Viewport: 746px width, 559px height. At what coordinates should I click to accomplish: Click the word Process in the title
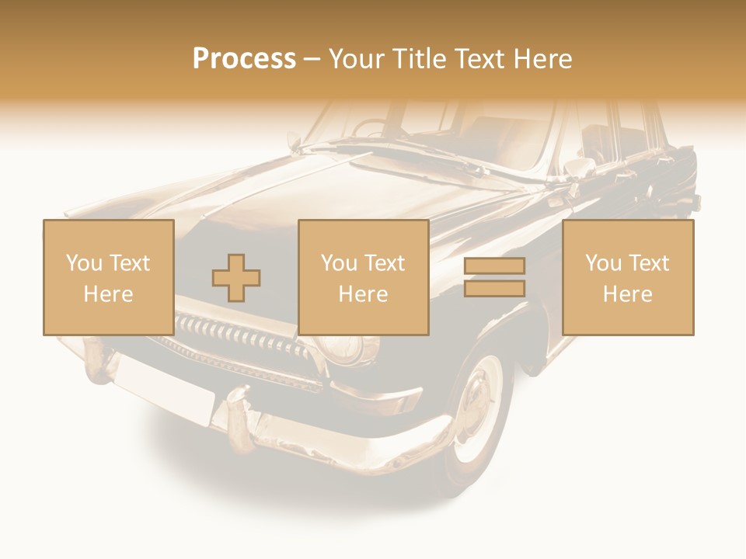coord(244,59)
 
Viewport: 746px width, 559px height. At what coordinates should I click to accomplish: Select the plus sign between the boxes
coord(236,277)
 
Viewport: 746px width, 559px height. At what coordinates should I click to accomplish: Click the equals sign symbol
coord(494,277)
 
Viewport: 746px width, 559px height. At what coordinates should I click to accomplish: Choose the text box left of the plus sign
coord(108,277)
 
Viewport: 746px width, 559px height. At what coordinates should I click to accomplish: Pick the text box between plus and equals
coord(363,277)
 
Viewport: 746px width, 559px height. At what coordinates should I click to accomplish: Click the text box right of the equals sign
coord(627,277)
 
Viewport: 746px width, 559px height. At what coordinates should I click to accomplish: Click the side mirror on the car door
coord(579,166)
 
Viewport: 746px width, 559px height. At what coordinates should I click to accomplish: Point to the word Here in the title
coord(543,59)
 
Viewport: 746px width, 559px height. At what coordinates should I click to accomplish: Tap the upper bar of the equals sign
coord(494,266)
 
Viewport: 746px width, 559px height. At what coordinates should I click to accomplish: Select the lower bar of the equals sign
coord(494,288)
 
